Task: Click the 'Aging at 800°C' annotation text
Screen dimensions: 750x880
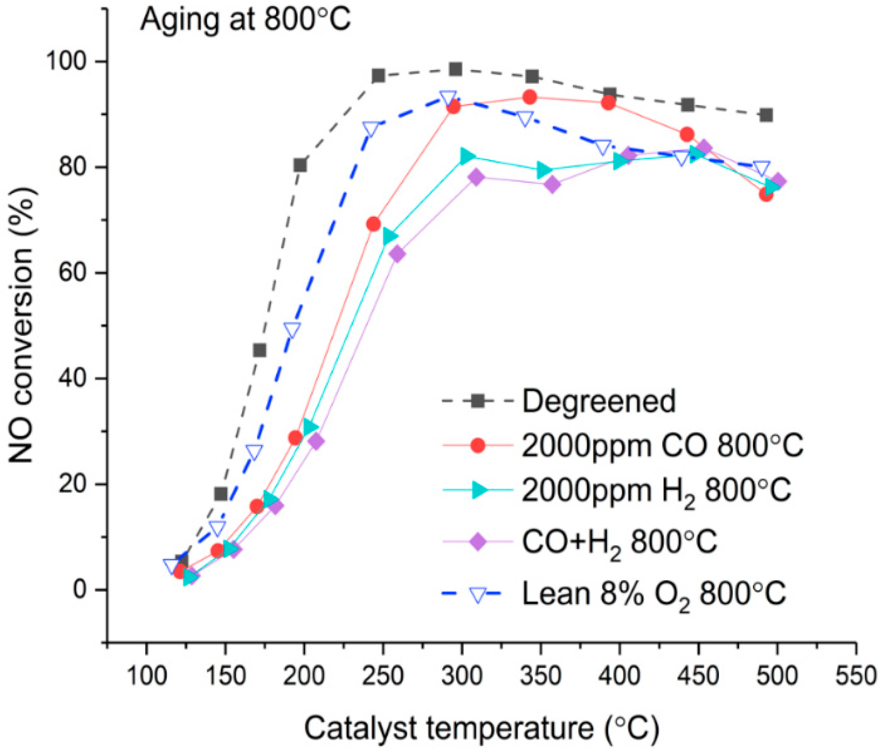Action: click(245, 21)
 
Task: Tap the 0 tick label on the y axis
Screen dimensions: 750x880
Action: click(80, 589)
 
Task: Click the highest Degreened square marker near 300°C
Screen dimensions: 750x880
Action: click(455, 69)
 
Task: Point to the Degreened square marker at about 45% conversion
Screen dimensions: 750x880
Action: click(259, 350)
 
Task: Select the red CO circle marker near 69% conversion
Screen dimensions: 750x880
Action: click(373, 224)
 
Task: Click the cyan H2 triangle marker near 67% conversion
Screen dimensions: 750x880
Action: click(389, 237)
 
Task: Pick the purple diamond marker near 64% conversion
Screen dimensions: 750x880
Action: click(397, 254)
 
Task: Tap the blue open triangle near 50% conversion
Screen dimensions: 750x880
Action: click(292, 329)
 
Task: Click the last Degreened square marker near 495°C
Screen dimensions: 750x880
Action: click(766, 115)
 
